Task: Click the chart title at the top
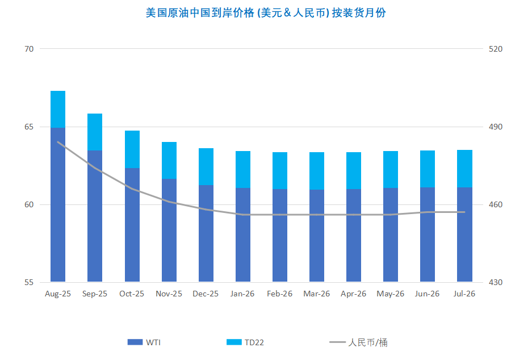point(266,12)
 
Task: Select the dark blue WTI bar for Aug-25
point(58,204)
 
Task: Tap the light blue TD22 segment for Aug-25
point(58,109)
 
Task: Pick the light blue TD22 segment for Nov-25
point(169,160)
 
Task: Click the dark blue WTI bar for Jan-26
point(243,235)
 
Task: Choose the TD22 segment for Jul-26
point(465,168)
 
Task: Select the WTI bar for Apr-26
point(354,235)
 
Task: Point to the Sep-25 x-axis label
point(95,294)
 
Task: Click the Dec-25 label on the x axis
point(206,294)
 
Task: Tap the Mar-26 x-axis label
point(317,294)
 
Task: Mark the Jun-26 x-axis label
point(428,294)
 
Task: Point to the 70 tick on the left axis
point(29,49)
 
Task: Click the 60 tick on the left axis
point(29,204)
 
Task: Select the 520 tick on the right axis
point(496,49)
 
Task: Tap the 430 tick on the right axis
point(496,282)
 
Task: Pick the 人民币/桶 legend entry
point(359,342)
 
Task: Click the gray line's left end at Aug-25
point(58,142)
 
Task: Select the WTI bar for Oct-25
point(132,225)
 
